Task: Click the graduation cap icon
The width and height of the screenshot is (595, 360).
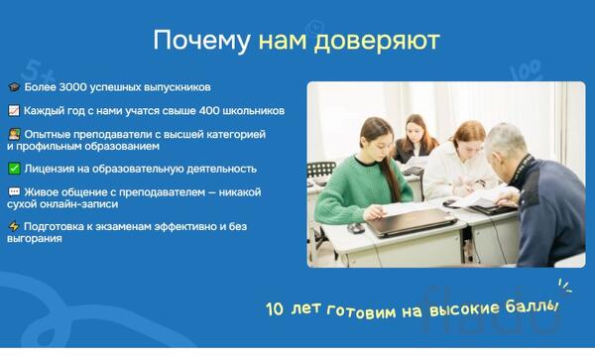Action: [x=13, y=87]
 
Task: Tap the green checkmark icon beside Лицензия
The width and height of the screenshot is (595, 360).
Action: [x=13, y=169]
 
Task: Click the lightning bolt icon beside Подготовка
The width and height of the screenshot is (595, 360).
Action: [x=13, y=226]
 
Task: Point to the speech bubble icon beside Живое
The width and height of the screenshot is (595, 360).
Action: [x=13, y=191]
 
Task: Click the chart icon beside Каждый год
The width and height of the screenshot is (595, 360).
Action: [x=13, y=110]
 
